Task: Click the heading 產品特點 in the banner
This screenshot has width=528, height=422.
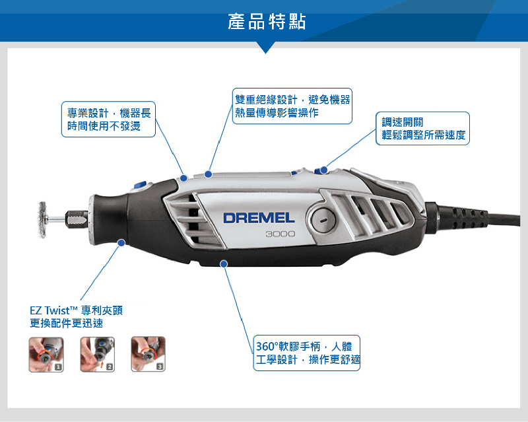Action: [x=267, y=22]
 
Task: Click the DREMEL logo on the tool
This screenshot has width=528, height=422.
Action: [x=259, y=218]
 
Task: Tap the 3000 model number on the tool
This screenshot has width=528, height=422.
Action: [x=280, y=234]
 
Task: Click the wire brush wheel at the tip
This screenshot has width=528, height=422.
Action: [x=42, y=220]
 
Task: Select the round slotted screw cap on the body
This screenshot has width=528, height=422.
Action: [x=323, y=220]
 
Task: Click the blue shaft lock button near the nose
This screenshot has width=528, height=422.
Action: [x=140, y=185]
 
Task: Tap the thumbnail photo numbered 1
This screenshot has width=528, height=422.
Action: [x=46, y=354]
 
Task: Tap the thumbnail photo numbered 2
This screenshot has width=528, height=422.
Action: [x=97, y=354]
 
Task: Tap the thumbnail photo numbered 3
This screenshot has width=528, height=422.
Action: [x=148, y=354]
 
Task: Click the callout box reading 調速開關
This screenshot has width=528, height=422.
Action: [x=422, y=128]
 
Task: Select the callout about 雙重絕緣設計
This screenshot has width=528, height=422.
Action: [x=292, y=106]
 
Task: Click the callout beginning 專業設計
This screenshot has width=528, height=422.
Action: [x=108, y=120]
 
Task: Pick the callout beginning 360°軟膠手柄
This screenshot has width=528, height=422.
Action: [x=307, y=353]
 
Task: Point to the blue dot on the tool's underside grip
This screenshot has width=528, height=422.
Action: [x=224, y=264]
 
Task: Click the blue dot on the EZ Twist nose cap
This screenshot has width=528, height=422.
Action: [x=121, y=242]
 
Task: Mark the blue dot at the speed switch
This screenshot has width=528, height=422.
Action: [x=323, y=170]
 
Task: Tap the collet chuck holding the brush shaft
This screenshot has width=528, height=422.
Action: [x=77, y=219]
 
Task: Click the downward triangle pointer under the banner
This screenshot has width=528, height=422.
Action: [x=265, y=48]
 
